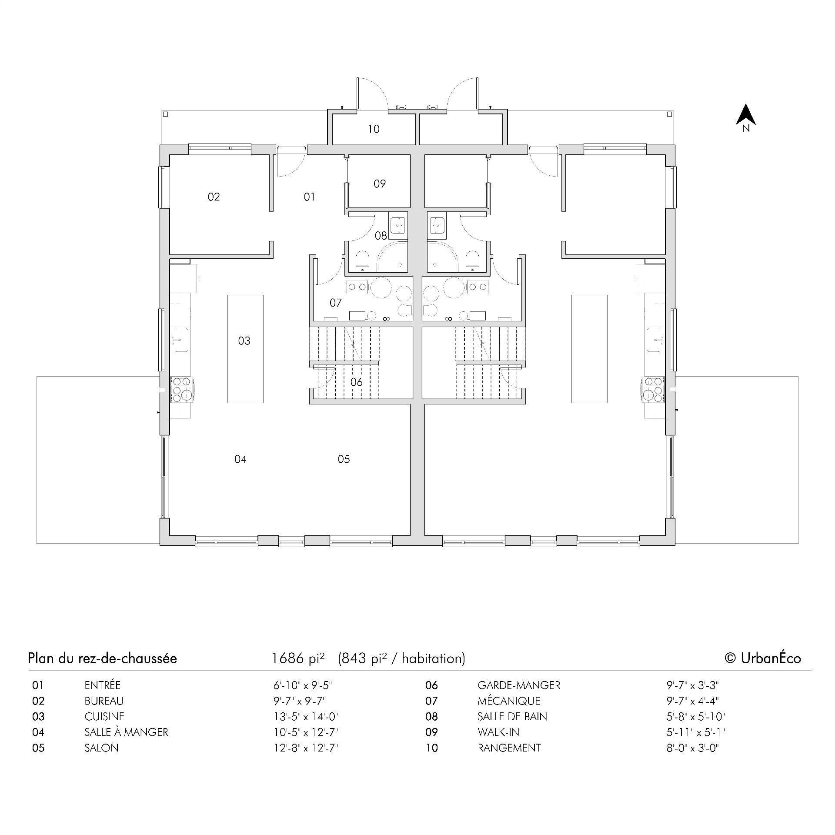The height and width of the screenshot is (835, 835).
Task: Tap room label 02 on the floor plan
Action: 214,197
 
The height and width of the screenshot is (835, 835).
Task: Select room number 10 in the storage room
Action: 374,129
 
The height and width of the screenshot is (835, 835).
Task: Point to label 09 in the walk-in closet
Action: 380,184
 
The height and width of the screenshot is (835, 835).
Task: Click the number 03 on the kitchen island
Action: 244,341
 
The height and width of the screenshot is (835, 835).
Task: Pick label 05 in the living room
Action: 344,459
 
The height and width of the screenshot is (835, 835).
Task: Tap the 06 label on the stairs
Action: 356,382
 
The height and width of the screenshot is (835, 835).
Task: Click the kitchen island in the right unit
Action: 589,349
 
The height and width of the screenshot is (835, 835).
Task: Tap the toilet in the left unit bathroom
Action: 362,260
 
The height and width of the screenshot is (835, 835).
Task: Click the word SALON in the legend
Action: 101,748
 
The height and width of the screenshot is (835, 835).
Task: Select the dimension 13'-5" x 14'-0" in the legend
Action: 306,717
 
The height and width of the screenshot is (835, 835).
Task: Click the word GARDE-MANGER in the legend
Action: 519,685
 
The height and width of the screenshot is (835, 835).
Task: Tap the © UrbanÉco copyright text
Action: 763,658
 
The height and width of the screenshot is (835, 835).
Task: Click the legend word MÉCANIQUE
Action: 509,701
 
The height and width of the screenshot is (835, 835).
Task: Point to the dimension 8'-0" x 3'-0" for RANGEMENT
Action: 693,748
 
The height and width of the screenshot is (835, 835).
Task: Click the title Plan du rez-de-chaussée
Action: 102,658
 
